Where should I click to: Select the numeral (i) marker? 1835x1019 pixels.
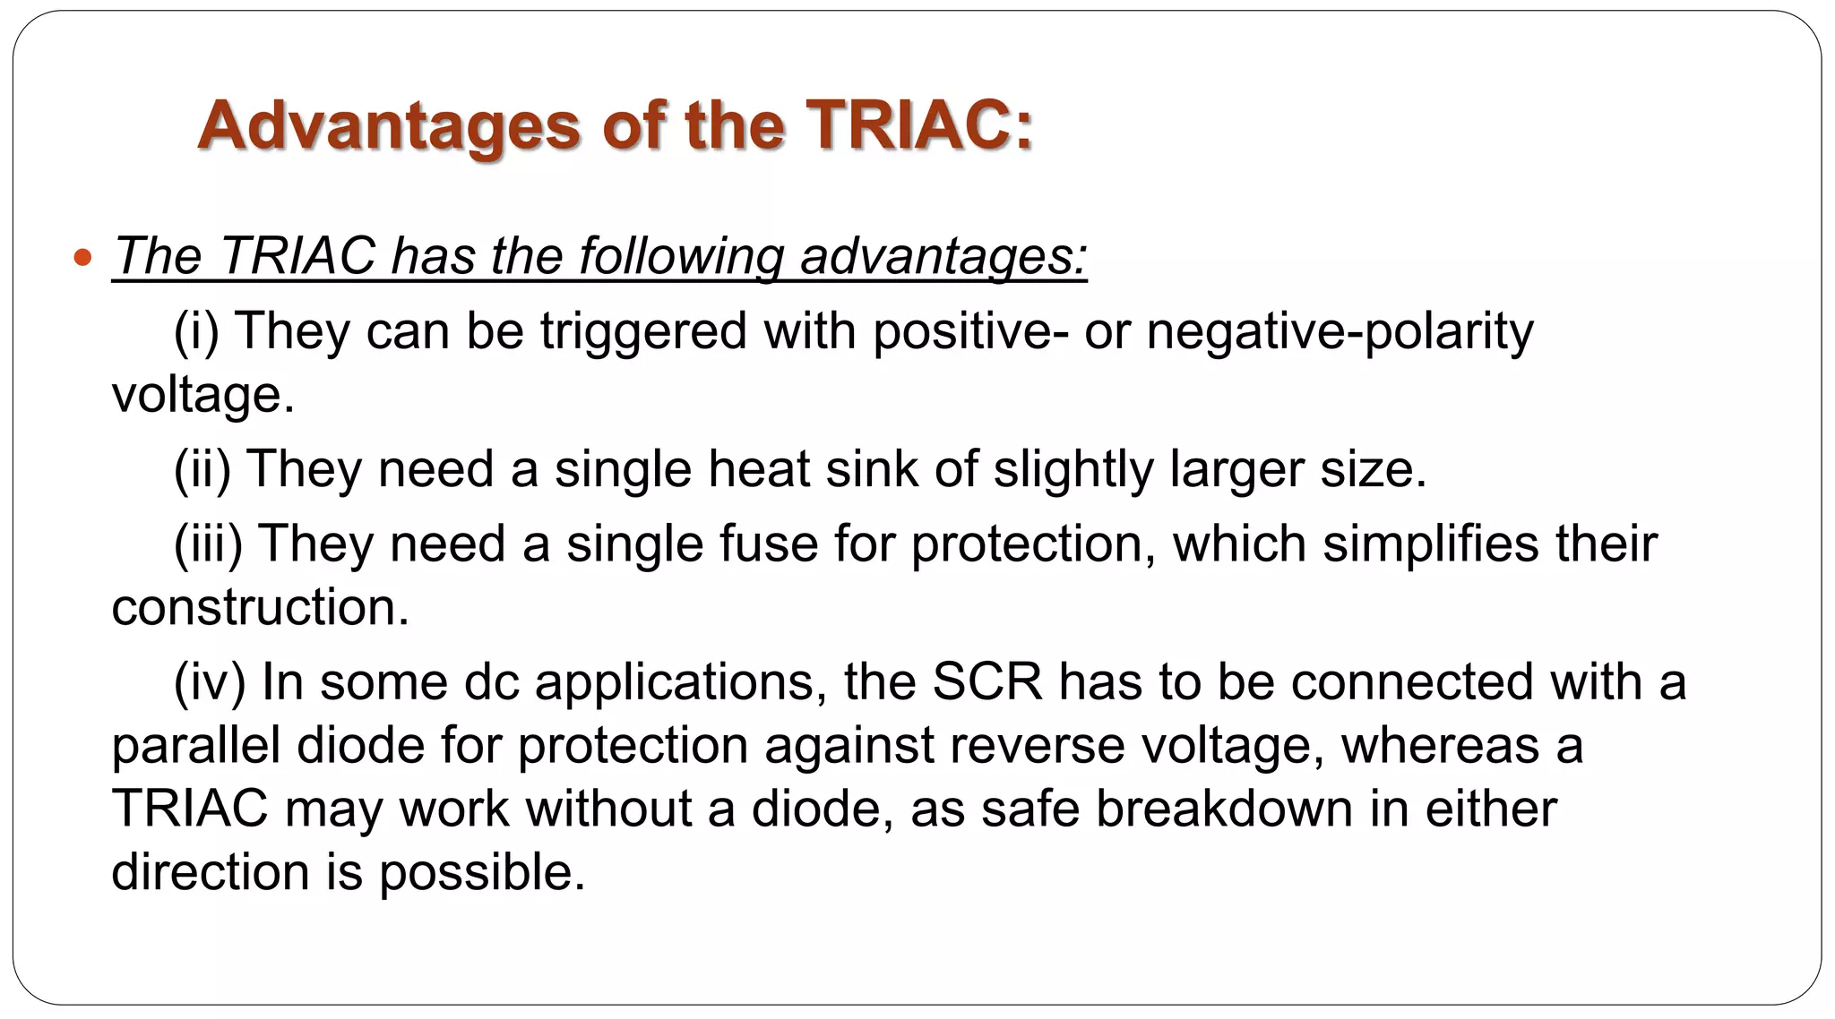point(196,331)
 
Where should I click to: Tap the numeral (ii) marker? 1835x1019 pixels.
point(202,469)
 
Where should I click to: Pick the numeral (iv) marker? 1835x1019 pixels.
point(209,682)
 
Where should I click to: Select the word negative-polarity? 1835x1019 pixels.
point(1340,331)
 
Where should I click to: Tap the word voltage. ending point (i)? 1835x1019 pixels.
point(202,395)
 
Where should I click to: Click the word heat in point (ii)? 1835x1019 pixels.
point(758,469)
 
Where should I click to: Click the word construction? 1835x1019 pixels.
point(260,608)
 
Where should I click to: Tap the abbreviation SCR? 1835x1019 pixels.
point(987,682)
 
